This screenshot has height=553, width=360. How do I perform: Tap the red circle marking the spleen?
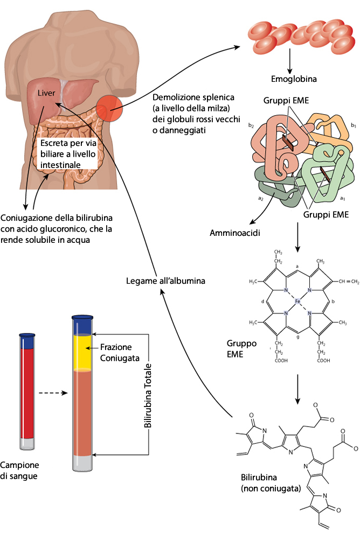[110, 109]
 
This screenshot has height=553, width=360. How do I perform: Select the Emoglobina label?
[294, 79]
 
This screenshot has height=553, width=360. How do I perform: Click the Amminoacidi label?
[232, 234]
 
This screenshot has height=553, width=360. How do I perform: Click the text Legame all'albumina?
[166, 281]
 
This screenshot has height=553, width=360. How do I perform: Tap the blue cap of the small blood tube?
[27, 341]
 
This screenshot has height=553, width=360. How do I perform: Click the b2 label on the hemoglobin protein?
[251, 125]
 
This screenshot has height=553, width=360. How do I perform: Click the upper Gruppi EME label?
[286, 101]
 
